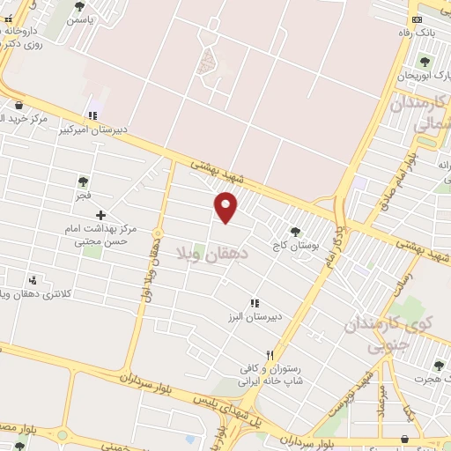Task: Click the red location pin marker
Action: click(x=226, y=207)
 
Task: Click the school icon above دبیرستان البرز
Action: click(x=255, y=303)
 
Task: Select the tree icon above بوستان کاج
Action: click(x=295, y=232)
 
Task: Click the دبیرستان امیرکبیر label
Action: click(x=92, y=129)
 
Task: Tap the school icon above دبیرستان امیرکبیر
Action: click(x=92, y=115)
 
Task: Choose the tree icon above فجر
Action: click(x=83, y=181)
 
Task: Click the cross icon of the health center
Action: click(x=100, y=214)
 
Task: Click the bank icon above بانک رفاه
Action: click(x=417, y=19)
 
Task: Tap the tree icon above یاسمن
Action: click(x=79, y=6)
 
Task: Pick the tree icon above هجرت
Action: click(x=438, y=366)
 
